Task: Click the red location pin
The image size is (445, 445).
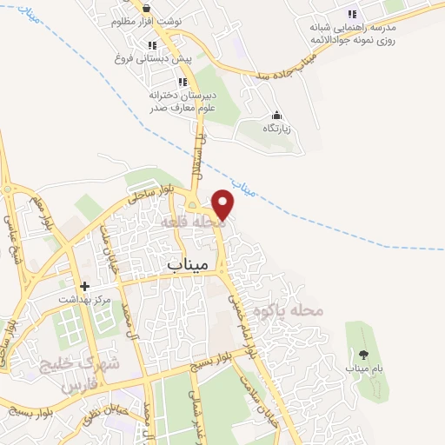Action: pyautogui.click(x=223, y=204)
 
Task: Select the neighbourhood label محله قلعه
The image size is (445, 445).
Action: pyautogui.click(x=192, y=224)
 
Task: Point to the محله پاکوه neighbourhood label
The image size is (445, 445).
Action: pyautogui.click(x=278, y=310)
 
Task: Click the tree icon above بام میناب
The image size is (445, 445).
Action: pyautogui.click(x=362, y=354)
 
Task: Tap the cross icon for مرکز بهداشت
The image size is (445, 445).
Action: pyautogui.click(x=84, y=285)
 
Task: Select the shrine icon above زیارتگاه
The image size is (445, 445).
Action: pyautogui.click(x=276, y=115)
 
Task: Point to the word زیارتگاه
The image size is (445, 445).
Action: pyautogui.click(x=276, y=129)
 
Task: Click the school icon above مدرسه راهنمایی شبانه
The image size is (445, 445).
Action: pyautogui.click(x=352, y=14)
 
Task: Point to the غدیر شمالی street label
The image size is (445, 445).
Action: pyautogui.click(x=193, y=415)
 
